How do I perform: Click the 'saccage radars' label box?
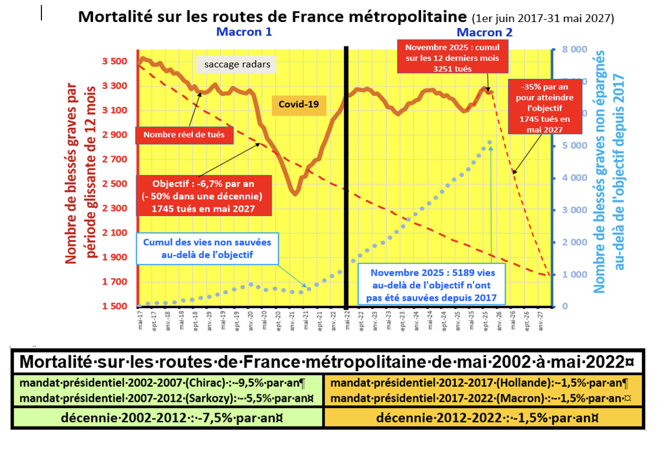point(237,64)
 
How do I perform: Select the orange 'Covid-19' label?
point(299,104)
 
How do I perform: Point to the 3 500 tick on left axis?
point(116,61)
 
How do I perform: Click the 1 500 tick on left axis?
point(116,306)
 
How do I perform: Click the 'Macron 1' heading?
point(244,32)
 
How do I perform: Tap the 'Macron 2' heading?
point(484,32)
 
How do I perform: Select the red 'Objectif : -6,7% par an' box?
point(204,196)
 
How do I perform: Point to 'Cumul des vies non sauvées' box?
point(207,248)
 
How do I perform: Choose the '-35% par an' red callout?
point(536,106)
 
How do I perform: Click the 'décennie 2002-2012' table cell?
point(167,418)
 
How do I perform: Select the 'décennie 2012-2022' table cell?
point(483,418)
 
